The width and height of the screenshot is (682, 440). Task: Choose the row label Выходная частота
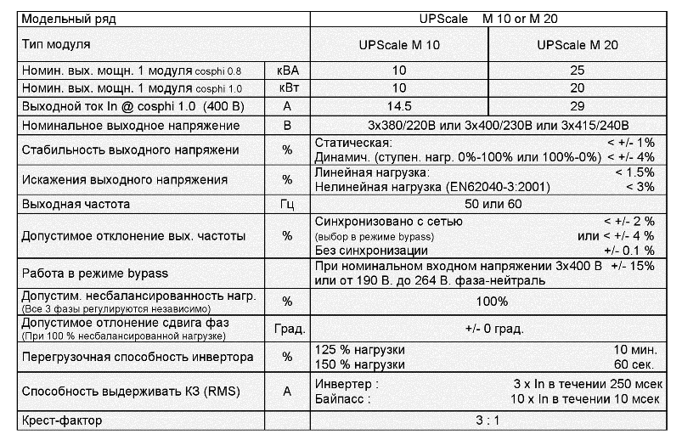80,205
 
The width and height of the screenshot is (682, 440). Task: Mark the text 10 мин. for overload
634,350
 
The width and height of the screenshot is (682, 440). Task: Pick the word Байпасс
340,398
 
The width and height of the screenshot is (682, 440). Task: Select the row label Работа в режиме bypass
94,273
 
